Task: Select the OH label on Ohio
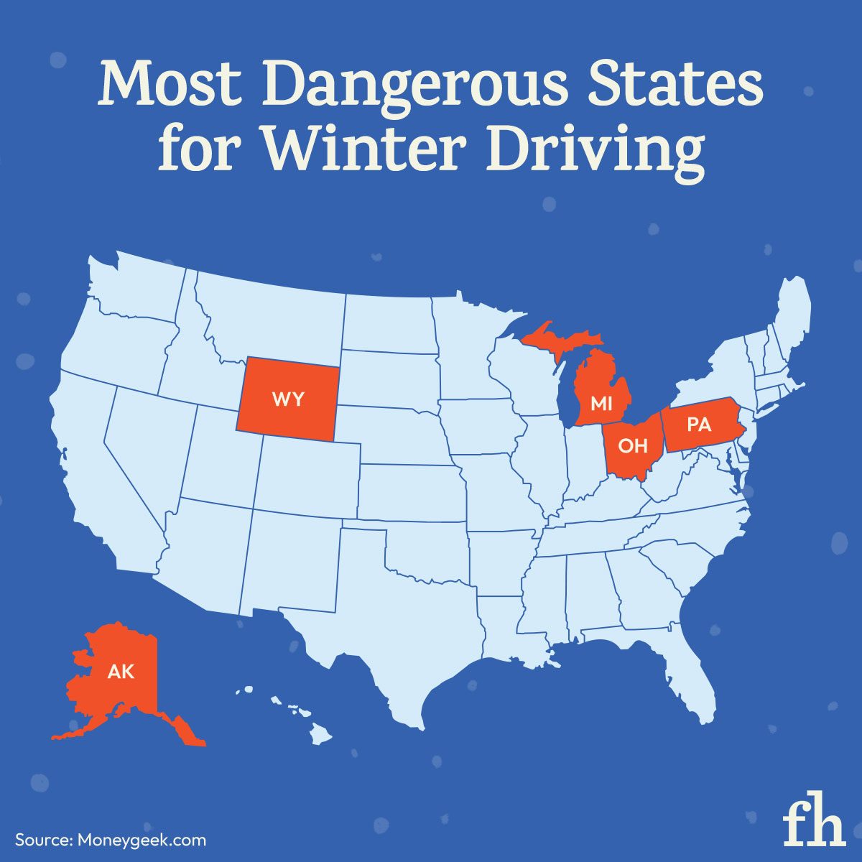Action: pos(633,446)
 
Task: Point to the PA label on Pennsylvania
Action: pos(698,425)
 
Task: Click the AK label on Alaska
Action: pos(121,672)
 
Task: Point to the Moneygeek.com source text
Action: pos(141,840)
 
